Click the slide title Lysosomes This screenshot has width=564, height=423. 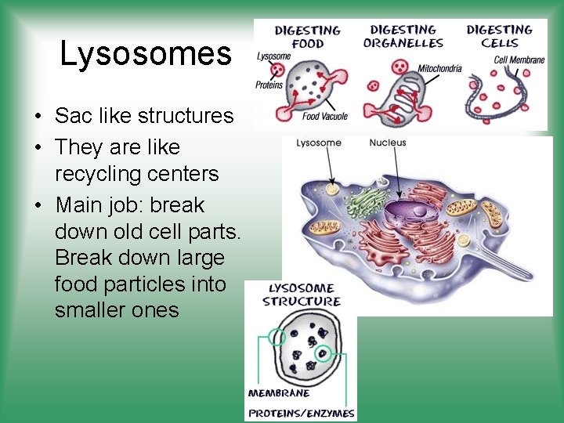(x=146, y=54)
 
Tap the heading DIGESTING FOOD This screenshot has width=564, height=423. (x=308, y=37)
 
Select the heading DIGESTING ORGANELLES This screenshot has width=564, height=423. (x=403, y=36)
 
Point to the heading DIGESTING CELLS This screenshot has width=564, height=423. (x=500, y=36)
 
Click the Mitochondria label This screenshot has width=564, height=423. (x=439, y=68)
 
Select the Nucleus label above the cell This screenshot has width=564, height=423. (x=388, y=143)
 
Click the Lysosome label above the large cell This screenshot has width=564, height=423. (x=318, y=143)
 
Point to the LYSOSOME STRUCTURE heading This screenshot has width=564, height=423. (x=301, y=295)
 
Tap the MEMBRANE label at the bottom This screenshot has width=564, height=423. (x=279, y=393)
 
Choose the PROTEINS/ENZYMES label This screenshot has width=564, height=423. (x=301, y=413)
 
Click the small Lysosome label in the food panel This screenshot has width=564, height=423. (x=273, y=56)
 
